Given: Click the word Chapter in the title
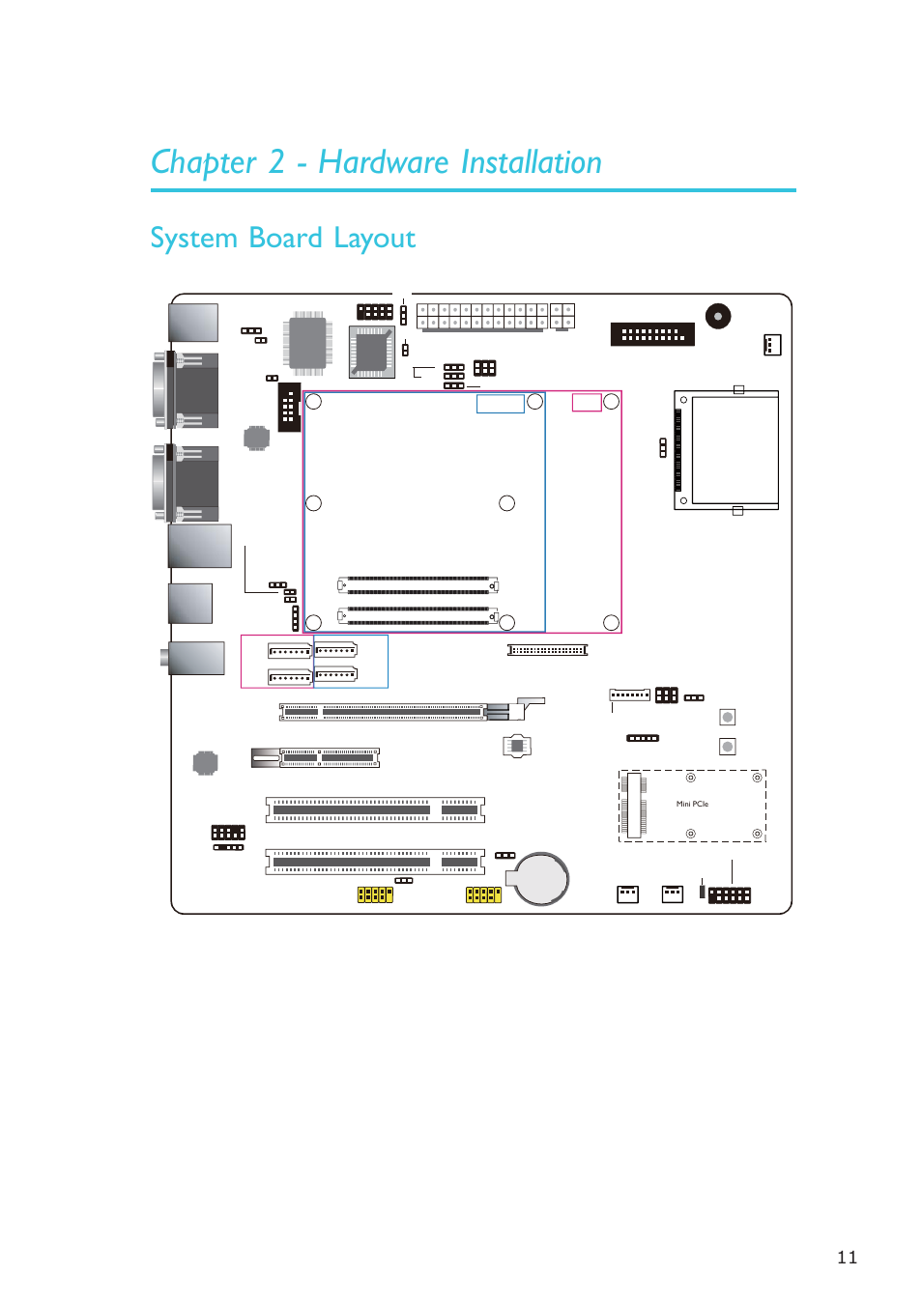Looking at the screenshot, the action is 203,162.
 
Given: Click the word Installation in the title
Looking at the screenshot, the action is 532,162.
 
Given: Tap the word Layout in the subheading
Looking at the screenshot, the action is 375,239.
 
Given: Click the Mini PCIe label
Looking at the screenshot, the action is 692,804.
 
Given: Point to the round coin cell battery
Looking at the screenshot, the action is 541,878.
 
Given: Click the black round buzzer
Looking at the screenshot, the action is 718,316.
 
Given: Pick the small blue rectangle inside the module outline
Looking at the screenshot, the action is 501,404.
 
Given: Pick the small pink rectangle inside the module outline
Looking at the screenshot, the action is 587,402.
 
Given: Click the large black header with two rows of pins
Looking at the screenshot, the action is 652,334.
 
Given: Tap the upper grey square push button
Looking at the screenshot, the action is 728,717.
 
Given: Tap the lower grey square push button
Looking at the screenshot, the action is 728,747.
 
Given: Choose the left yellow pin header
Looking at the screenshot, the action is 375,894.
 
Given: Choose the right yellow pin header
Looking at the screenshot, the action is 483,894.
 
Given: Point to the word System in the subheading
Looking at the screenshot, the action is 194,239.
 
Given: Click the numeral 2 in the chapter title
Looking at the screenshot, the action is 276,162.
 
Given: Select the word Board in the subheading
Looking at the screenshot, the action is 285,238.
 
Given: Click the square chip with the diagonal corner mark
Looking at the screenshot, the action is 371,352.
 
